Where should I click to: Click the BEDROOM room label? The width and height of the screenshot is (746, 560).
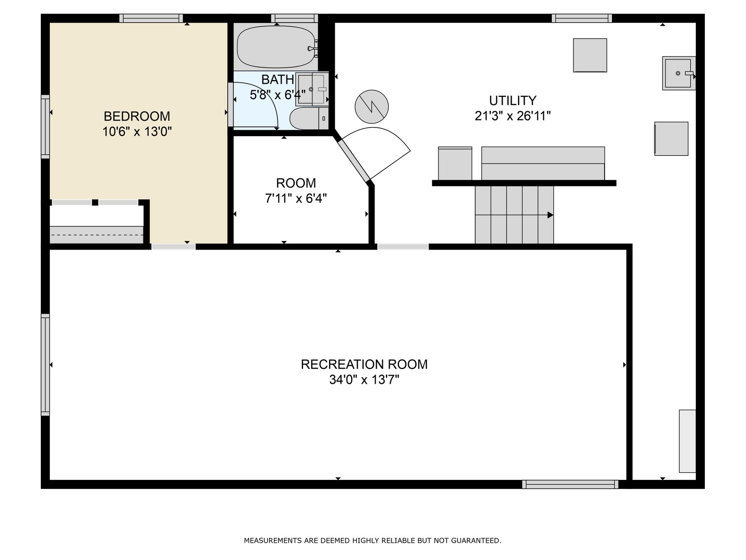point(137,116)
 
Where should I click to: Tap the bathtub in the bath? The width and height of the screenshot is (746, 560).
point(277,47)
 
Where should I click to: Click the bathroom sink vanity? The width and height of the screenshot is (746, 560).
point(312,89)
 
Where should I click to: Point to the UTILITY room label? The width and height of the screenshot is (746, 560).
point(512,101)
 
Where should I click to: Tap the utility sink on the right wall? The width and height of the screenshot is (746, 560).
point(678,73)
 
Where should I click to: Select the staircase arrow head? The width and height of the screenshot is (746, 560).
point(551,215)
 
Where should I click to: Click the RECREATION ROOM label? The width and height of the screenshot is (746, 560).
point(364,364)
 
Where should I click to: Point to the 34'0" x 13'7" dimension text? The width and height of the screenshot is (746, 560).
point(364,380)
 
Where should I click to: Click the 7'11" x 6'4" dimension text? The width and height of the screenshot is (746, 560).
point(296,198)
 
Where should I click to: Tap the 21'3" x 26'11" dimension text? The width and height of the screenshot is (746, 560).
point(513,116)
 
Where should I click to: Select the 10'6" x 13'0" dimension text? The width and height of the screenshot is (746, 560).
point(137,132)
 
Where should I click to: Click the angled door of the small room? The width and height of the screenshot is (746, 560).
point(354,161)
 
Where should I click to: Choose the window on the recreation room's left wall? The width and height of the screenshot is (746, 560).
point(45,365)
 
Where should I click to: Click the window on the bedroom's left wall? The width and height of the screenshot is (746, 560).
point(45,127)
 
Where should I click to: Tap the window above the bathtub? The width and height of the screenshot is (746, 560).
point(295,18)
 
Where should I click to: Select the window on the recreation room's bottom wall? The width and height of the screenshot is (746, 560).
point(570,484)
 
